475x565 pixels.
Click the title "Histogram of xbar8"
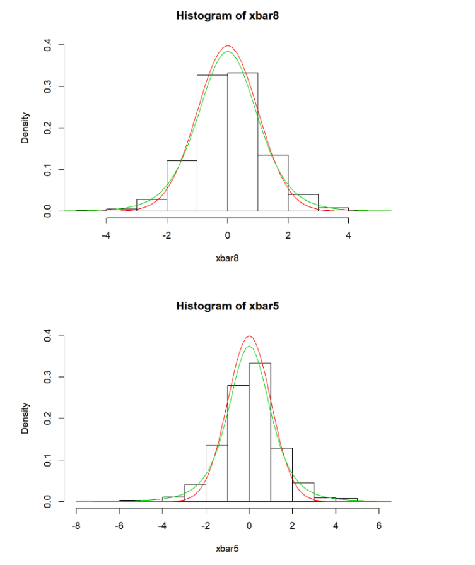pyautogui.click(x=227, y=16)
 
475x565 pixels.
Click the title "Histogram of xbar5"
pyautogui.click(x=227, y=306)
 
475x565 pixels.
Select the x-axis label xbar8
pyautogui.click(x=227, y=258)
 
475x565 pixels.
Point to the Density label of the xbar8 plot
pyautogui.click(x=25, y=128)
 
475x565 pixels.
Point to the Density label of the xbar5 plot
pyautogui.click(x=25, y=418)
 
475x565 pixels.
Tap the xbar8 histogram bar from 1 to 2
pyautogui.click(x=273, y=183)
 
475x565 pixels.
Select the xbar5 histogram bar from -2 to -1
pyautogui.click(x=216, y=473)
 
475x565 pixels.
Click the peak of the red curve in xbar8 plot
pyautogui.click(x=228, y=45)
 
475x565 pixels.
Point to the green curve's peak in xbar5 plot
pyautogui.click(x=249, y=346)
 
